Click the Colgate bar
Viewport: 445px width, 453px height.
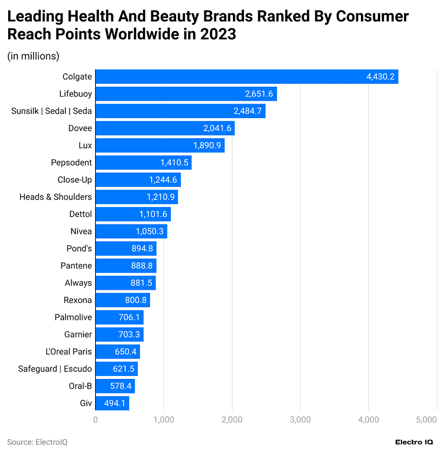(246, 77)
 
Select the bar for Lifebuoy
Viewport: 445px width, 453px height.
(185, 94)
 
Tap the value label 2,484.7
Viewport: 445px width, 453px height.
(247, 111)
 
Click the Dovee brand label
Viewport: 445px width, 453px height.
(80, 128)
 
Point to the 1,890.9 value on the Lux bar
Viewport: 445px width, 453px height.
(207, 145)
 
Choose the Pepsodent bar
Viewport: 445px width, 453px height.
(143, 163)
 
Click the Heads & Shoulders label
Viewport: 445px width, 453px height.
(56, 197)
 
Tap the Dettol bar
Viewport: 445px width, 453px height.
(133, 214)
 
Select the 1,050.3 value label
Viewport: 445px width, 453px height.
(150, 231)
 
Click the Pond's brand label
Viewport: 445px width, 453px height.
(79, 248)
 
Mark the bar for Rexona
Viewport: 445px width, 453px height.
(122, 300)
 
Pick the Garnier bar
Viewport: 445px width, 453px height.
(119, 334)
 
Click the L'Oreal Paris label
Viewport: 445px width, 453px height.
(68, 352)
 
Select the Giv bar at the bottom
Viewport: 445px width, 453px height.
(112, 403)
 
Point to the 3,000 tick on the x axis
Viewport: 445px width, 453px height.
(300, 419)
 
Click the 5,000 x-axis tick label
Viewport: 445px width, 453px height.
(426, 419)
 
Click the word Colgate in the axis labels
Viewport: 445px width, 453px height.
(77, 76)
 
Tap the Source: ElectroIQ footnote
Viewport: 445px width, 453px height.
(37, 441)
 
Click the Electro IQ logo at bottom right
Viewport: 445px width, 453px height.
(414, 441)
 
